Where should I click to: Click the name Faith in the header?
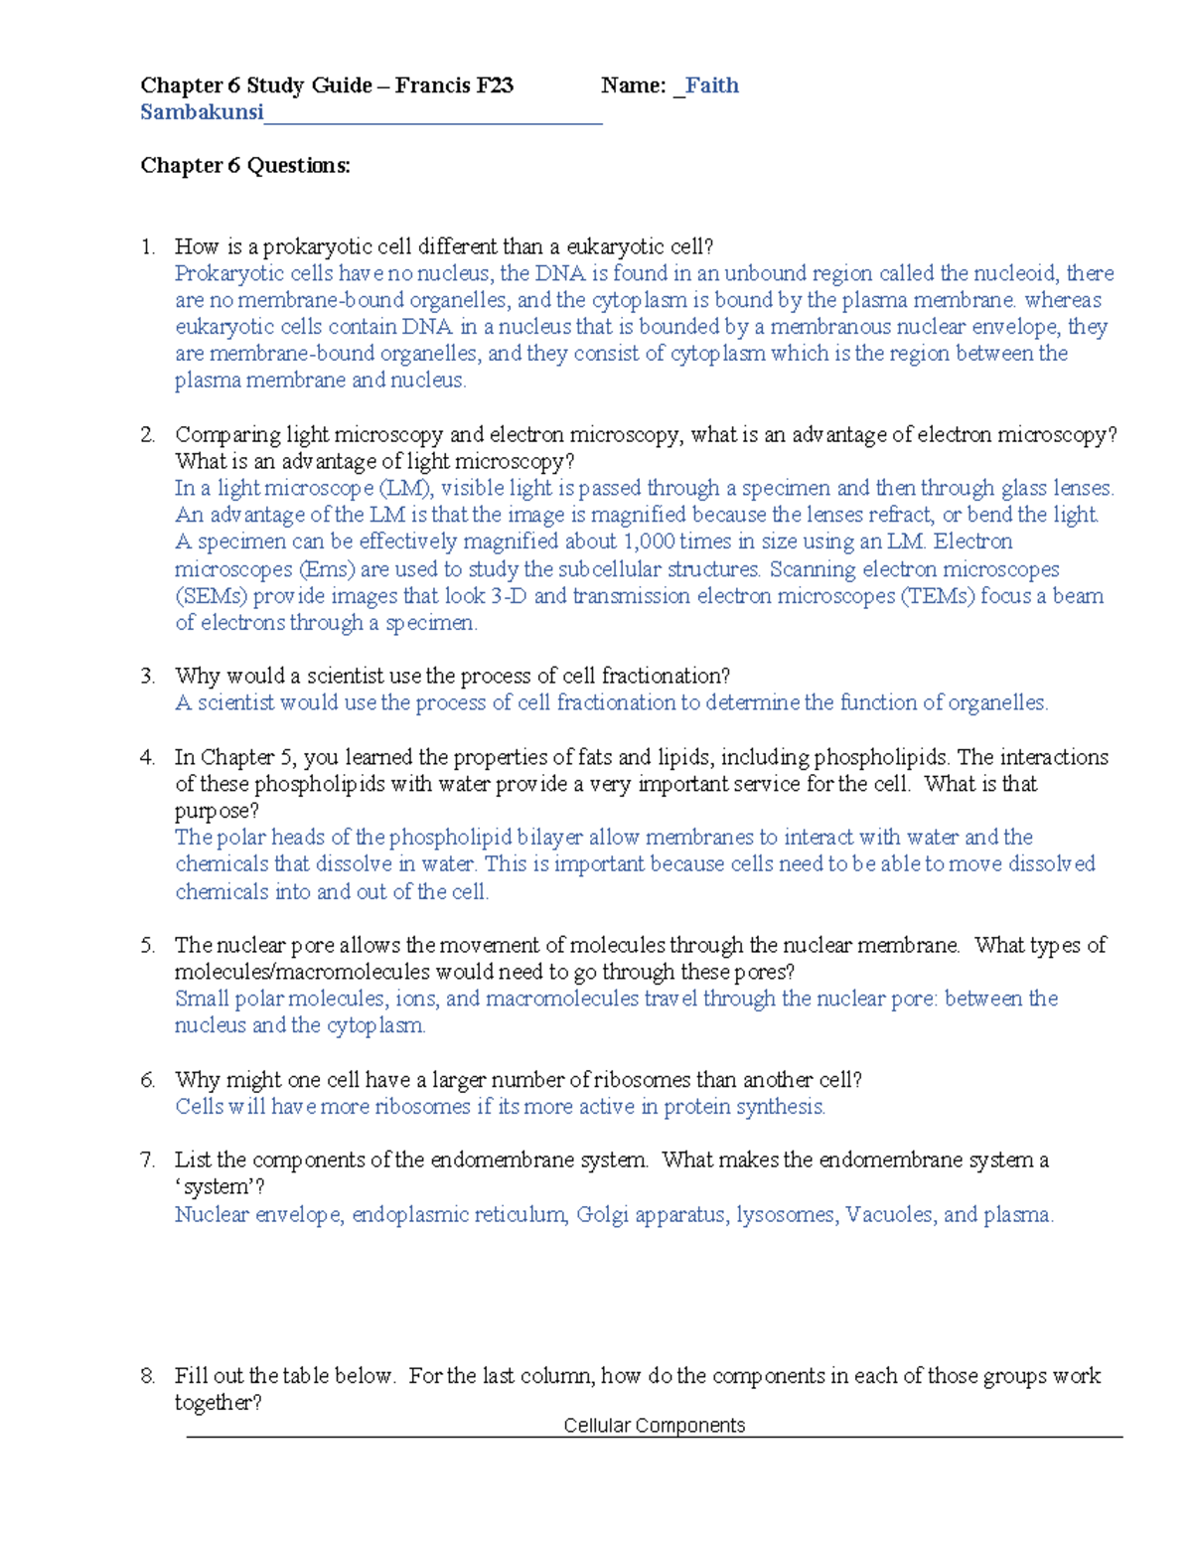tap(712, 85)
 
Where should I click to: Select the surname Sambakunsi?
tap(202, 112)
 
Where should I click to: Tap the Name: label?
tap(633, 85)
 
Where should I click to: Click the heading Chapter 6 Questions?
tap(245, 165)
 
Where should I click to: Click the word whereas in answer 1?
tap(1063, 300)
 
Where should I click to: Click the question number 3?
tap(147, 677)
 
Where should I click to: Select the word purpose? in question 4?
tap(217, 811)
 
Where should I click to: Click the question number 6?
tap(147, 1080)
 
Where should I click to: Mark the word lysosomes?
tap(786, 1214)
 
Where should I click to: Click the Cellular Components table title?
tap(654, 1426)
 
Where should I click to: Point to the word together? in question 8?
tap(219, 1403)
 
